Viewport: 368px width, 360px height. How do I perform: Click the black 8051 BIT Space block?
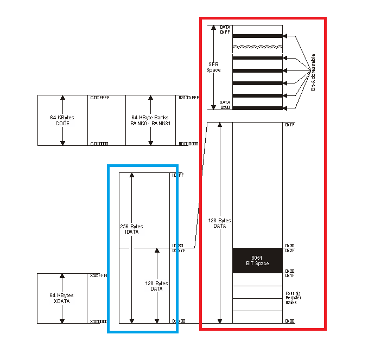pos(258,260)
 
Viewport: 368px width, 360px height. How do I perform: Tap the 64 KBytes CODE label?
pos(62,120)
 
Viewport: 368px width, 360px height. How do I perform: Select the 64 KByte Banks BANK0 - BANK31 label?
pos(150,120)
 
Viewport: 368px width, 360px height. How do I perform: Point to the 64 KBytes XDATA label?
pos(62,298)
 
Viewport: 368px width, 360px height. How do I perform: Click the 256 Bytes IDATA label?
pos(131,229)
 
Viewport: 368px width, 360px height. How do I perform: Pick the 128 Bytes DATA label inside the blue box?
pos(157,286)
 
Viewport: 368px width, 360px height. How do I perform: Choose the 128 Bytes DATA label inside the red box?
pos(220,223)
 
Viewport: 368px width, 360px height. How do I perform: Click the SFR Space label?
pos(213,67)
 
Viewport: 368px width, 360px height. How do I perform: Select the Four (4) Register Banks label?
pos(294,298)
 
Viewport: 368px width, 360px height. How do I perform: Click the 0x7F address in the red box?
pos(290,125)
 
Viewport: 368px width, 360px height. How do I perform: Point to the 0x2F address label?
pos(290,250)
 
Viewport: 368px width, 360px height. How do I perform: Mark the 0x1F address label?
pos(290,275)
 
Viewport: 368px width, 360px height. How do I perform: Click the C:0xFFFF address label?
pos(99,98)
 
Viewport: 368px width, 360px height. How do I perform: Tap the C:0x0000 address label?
pos(99,144)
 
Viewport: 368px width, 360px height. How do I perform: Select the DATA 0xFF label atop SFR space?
pos(225,30)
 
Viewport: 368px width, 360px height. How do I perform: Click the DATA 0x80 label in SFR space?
pos(225,105)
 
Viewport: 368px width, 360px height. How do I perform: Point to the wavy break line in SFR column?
pos(258,47)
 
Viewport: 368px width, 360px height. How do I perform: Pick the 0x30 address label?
pos(290,246)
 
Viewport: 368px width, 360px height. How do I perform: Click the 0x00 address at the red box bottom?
pos(290,321)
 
